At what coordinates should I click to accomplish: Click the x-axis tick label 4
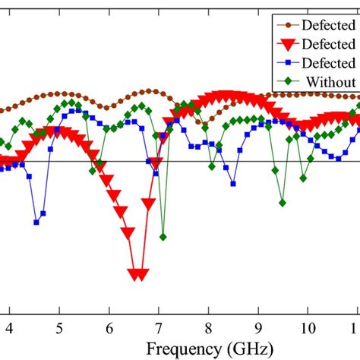pos(9,327)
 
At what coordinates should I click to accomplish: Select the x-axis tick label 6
pos(109,327)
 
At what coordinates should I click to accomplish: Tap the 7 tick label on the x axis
pos(158,327)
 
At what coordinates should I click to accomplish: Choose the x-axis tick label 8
pos(208,327)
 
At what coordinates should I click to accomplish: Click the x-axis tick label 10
pos(307,327)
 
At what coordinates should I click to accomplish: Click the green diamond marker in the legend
pos(287,82)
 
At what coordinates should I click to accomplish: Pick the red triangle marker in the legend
pos(287,43)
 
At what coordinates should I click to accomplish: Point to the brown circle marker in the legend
pos(287,24)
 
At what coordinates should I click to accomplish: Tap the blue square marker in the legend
pos(287,63)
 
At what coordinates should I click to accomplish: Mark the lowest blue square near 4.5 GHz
pos(36,222)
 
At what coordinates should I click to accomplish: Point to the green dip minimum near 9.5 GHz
pos(282,203)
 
